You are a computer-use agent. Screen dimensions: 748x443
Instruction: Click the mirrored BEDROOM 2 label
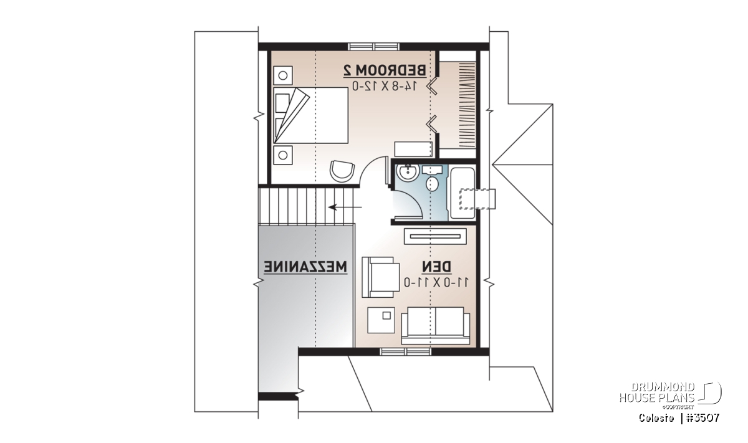385,70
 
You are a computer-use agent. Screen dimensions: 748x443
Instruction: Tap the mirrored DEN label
436,267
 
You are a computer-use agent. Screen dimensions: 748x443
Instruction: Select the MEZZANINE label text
305,267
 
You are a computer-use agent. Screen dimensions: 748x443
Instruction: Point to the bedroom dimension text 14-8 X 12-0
385,86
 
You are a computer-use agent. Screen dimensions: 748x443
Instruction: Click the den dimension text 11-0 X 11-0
436,282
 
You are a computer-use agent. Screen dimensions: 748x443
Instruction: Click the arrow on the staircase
345,207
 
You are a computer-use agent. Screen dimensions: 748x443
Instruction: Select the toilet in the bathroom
432,178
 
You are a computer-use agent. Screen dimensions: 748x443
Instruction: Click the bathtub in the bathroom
462,193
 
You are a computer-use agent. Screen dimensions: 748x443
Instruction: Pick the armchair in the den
381,277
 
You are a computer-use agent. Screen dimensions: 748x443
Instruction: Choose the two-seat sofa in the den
436,326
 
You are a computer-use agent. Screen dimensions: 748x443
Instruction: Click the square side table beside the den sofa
381,320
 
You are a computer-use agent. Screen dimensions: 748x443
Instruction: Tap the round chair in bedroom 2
342,171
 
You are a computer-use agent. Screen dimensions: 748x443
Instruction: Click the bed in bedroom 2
310,115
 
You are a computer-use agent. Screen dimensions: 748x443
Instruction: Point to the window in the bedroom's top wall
373,47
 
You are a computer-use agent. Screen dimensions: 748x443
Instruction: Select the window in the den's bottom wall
406,352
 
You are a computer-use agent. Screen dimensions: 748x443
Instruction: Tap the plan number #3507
703,418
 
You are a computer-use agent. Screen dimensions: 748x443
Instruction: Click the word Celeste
656,418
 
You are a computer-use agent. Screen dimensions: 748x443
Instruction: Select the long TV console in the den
435,236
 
